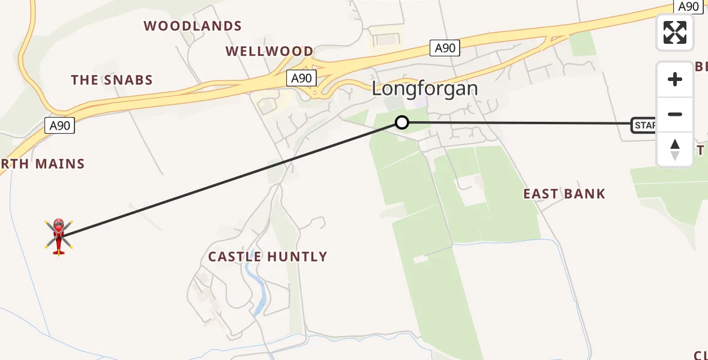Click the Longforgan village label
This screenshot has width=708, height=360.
coord(425,89)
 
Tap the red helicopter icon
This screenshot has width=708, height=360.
coord(59,236)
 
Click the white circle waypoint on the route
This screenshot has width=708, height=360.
coord(401,122)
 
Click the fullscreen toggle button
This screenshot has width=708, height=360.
coord(675,32)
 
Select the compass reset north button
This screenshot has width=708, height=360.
coord(675,149)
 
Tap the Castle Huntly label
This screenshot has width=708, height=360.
coord(268,257)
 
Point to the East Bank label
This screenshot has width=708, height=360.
coord(564,194)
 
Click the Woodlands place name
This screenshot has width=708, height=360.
coord(193,26)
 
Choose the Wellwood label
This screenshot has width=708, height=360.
coord(269,52)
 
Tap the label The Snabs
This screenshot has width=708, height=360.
coord(112,80)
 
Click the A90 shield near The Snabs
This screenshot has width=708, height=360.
coord(60,125)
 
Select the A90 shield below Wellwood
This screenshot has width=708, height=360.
coord(301,78)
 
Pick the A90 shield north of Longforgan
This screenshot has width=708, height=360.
coord(445,48)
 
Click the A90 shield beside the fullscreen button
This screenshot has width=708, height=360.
coord(689,6)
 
